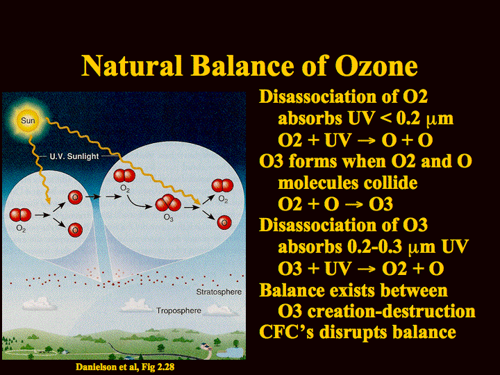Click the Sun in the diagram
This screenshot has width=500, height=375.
(x=28, y=121)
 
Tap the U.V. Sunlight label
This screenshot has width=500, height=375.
(x=74, y=156)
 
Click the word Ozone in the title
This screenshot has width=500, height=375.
(x=376, y=66)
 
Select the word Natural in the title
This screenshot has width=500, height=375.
(x=132, y=66)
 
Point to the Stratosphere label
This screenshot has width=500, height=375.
(x=219, y=292)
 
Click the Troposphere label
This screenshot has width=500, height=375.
(x=178, y=310)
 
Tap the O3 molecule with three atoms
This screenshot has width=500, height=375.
(x=168, y=203)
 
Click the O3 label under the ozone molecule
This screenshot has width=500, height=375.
(x=168, y=217)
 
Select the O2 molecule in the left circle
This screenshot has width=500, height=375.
(x=20, y=215)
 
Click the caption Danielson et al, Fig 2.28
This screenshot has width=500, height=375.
(x=125, y=367)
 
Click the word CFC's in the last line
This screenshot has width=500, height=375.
(x=286, y=332)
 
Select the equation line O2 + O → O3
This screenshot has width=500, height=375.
(x=335, y=204)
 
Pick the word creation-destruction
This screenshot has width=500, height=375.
(x=391, y=311)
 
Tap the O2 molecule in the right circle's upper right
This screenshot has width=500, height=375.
(x=223, y=185)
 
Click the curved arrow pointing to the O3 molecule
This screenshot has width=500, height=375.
(x=139, y=203)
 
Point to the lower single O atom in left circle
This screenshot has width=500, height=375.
(x=75, y=230)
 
